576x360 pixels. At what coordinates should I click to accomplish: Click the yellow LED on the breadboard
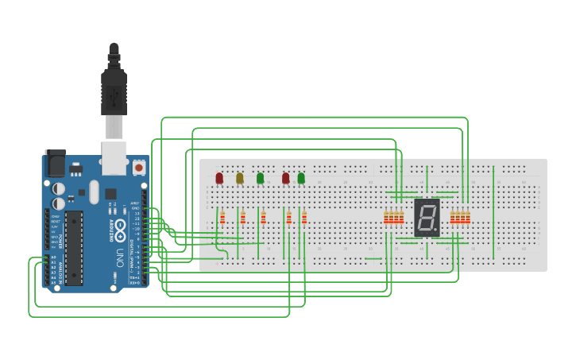(x=240, y=178)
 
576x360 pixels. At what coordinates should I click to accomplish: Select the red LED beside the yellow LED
(x=219, y=178)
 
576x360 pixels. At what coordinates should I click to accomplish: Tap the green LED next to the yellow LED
(x=260, y=178)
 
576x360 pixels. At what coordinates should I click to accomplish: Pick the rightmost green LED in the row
(x=301, y=178)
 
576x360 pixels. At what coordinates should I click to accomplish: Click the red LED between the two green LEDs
(x=285, y=178)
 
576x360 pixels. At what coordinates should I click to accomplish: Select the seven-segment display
(x=427, y=217)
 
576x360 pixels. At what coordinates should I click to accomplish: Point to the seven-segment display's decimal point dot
(x=435, y=231)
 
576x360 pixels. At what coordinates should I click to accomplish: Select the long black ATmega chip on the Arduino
(x=74, y=247)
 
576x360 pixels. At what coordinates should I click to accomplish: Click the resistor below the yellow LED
(x=242, y=218)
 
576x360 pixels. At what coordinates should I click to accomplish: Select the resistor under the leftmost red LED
(x=222, y=218)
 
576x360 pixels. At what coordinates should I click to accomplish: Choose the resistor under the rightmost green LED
(x=304, y=218)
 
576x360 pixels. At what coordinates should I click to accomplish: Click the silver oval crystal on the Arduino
(x=94, y=192)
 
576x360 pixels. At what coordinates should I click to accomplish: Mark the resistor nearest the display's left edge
(x=401, y=218)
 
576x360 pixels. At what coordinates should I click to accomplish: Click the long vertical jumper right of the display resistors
(x=494, y=211)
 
